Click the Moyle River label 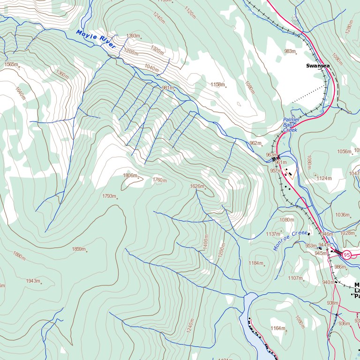click(x=96, y=39)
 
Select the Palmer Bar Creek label click(x=291, y=125)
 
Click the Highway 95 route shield click(x=346, y=255)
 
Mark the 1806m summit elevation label click(x=130, y=176)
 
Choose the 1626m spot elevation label click(x=197, y=186)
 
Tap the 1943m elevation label click(x=33, y=281)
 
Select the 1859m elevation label click(x=79, y=249)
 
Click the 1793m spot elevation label click(x=109, y=196)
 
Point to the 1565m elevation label click(x=11, y=65)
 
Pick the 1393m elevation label click(x=134, y=36)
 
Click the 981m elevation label click(x=167, y=88)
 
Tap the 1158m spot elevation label click(x=217, y=85)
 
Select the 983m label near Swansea click(x=290, y=51)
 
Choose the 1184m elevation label click(x=256, y=263)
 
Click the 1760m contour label click(x=160, y=180)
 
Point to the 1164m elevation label click(x=278, y=328)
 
